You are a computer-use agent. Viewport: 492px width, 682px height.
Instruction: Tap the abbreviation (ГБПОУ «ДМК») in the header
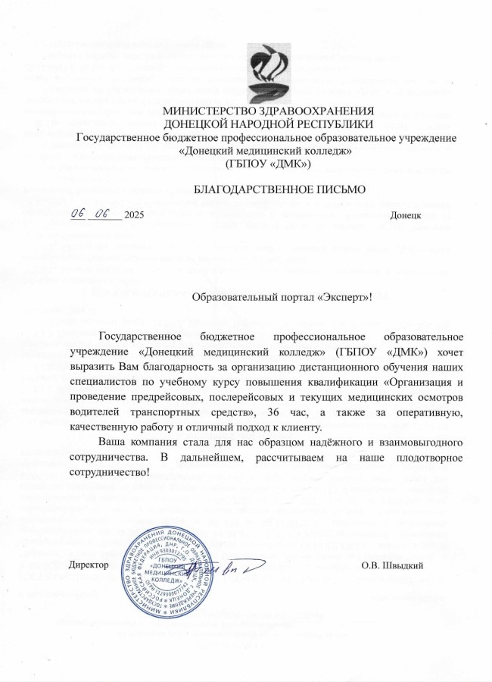[x=269, y=163]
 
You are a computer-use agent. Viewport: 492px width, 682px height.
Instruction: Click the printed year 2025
[x=134, y=216]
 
